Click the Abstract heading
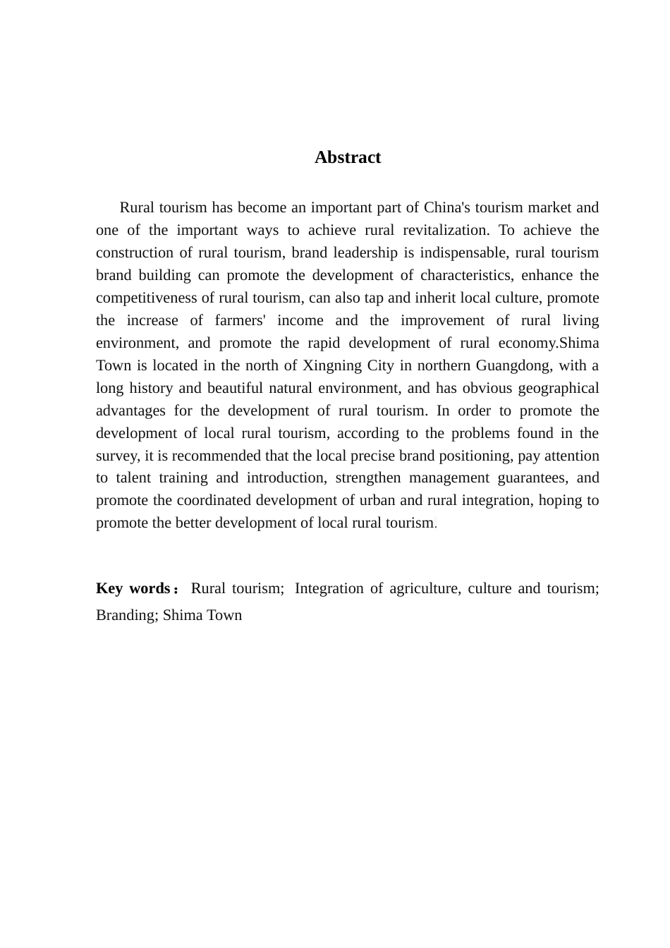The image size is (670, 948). point(348,157)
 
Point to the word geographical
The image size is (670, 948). point(559,388)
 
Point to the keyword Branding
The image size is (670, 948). point(126,615)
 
